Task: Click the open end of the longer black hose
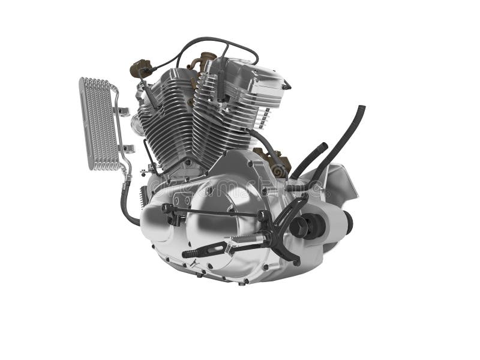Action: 360,110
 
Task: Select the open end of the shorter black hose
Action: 325,146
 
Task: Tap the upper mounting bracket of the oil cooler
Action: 123,111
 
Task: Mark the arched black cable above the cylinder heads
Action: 198,43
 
